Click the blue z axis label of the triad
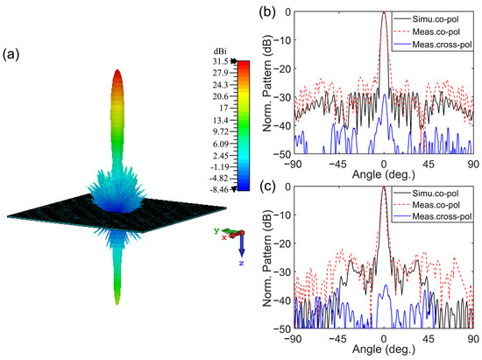pos(245,262)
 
